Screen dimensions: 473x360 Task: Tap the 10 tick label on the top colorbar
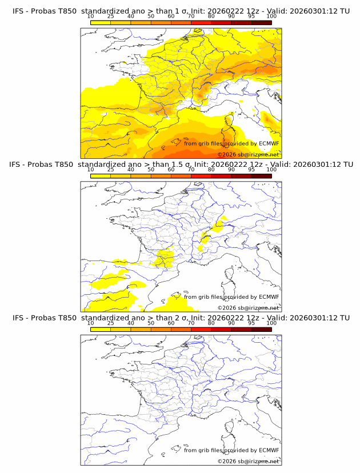pos(90,17)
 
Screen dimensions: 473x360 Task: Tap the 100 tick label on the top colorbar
pos(271,17)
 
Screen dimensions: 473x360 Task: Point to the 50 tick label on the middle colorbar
pos(151,170)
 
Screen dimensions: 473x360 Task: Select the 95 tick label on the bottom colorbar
pos(251,323)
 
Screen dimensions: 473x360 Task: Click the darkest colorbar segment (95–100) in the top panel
pos(261,22)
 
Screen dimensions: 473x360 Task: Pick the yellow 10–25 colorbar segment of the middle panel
pos(101,175)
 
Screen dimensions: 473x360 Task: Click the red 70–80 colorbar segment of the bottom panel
pos(201,328)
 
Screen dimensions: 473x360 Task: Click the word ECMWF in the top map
pos(269,143)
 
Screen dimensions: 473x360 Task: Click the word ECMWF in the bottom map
pos(269,450)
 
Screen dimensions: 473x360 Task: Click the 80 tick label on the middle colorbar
pos(211,170)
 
